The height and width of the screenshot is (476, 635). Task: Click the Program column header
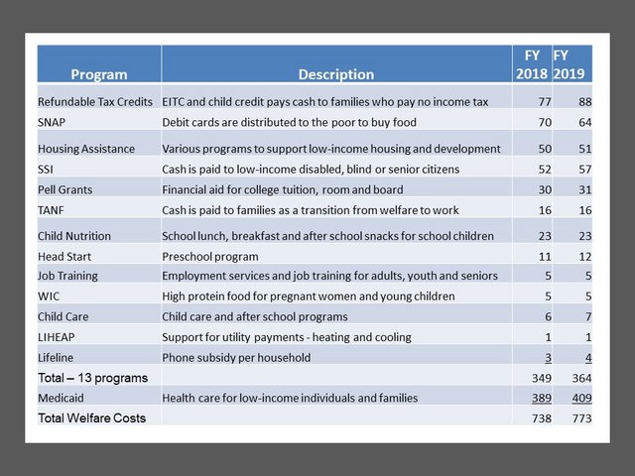(x=99, y=74)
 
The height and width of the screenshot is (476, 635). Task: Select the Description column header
(x=336, y=74)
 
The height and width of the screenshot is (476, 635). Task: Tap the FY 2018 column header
(x=532, y=64)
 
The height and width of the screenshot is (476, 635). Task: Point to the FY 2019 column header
(x=569, y=64)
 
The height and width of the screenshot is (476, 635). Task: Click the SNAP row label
(x=52, y=122)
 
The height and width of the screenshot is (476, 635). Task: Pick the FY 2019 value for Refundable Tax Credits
(x=585, y=101)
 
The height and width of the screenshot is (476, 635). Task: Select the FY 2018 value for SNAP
(x=545, y=122)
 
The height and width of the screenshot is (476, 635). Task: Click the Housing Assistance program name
(x=86, y=149)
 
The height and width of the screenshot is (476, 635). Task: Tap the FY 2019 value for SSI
(x=585, y=170)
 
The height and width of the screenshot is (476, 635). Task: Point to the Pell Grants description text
(x=283, y=189)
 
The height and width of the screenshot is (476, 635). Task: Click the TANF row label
(x=51, y=210)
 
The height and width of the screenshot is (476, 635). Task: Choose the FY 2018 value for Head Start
(x=545, y=257)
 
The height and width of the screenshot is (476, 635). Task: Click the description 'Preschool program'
(x=210, y=257)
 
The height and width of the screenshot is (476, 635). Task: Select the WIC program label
(x=49, y=297)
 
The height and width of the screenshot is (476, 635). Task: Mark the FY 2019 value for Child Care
(x=588, y=316)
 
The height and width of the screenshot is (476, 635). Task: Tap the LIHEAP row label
(x=57, y=337)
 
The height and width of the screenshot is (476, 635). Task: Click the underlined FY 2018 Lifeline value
(x=548, y=358)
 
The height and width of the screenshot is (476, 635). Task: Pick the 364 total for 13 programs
(x=582, y=378)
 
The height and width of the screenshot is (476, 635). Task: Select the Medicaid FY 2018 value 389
(x=542, y=399)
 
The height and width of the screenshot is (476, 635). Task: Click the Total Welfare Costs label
(x=92, y=418)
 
